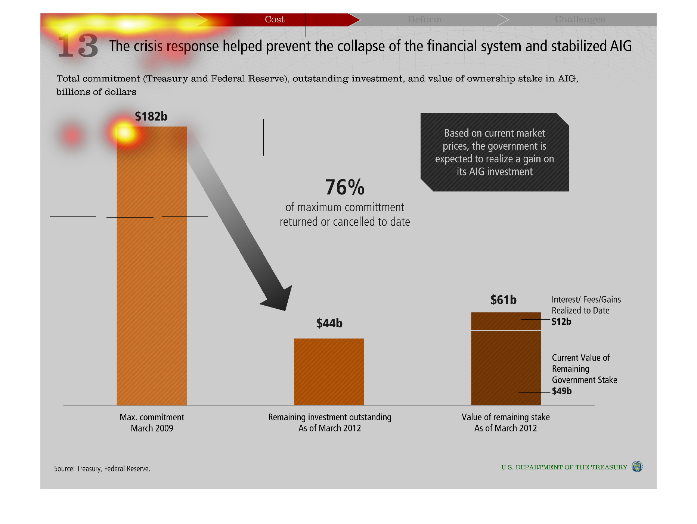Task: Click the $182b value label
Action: click(151, 116)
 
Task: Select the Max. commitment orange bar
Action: click(152, 266)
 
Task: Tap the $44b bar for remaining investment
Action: click(329, 372)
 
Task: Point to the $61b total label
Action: click(504, 300)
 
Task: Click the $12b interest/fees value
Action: click(561, 321)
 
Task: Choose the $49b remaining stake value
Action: click(562, 391)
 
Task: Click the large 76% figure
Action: click(345, 187)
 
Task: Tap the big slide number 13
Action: click(78, 46)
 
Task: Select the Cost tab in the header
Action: click(275, 19)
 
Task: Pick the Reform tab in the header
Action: click(425, 19)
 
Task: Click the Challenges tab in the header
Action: click(580, 19)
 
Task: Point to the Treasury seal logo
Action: click(637, 467)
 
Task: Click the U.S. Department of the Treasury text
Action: click(564, 467)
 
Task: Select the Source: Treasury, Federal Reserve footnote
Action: click(102, 469)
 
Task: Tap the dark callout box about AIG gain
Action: click(495, 152)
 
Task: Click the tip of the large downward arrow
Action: click(286, 311)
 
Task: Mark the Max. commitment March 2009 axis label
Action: click(152, 422)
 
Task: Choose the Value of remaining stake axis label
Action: click(506, 422)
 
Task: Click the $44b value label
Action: click(329, 323)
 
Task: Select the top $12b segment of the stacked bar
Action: click(506, 321)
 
